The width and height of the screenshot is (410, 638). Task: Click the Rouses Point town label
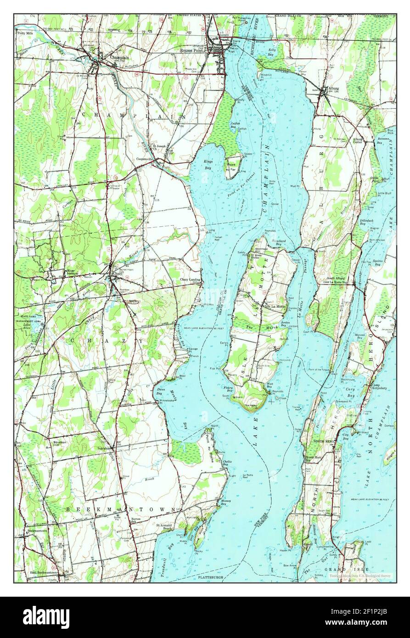pyautogui.click(x=192, y=50)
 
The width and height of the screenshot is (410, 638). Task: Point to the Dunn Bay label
pyautogui.click(x=159, y=391)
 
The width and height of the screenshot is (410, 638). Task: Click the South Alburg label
pyautogui.click(x=336, y=279)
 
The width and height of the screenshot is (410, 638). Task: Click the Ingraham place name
pyautogui.click(x=104, y=448)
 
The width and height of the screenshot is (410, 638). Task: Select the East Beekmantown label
pyautogui.click(x=46, y=572)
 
